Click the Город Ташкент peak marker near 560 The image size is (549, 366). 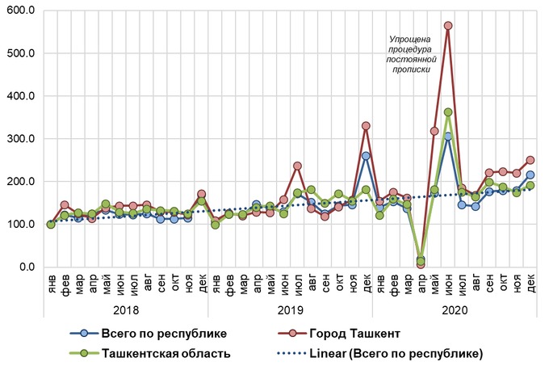pyautogui.click(x=448, y=26)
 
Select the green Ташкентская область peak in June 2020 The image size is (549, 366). pyautogui.click(x=448, y=112)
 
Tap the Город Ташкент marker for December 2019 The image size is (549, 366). pyautogui.click(x=366, y=126)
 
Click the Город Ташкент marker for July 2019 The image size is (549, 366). pyautogui.click(x=297, y=166)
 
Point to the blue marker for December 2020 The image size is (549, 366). pyautogui.click(x=530, y=175)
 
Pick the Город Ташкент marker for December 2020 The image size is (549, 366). pyautogui.click(x=530, y=160)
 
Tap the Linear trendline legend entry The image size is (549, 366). pyautogui.click(x=396, y=353)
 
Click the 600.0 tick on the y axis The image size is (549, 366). pyautogui.click(x=23, y=11)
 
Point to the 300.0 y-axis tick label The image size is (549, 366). pyautogui.click(x=23, y=139)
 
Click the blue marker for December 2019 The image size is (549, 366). pyautogui.click(x=366, y=156)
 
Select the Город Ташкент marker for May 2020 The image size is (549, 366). pyautogui.click(x=434, y=131)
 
